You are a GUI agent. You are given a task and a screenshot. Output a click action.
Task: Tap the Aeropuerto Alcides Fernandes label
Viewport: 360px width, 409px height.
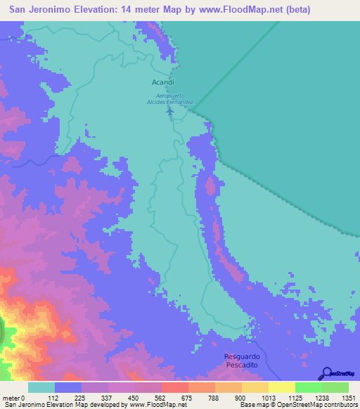169,98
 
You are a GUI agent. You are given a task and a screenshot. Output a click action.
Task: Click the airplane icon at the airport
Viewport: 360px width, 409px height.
169,110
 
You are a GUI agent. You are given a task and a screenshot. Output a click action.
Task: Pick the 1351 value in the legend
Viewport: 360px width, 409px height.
348,397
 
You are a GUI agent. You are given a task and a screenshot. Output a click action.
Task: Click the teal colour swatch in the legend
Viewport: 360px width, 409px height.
41,387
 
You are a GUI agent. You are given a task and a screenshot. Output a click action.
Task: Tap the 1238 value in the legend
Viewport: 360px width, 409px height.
321,397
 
